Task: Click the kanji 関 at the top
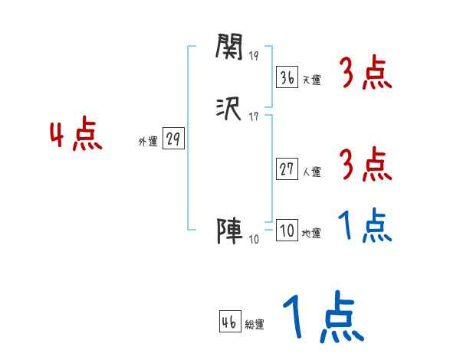tap(228, 48)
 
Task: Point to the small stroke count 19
tap(254, 56)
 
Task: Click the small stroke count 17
tap(254, 116)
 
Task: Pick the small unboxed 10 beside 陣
tap(254, 239)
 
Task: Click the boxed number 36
tap(287, 77)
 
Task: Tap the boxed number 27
tap(287, 169)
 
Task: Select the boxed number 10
tap(287, 231)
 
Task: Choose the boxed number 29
tap(173, 139)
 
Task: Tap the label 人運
tap(311, 172)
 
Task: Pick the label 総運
tap(255, 325)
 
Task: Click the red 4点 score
tap(76, 136)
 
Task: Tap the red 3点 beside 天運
tap(366, 74)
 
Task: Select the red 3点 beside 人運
tap(366, 165)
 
